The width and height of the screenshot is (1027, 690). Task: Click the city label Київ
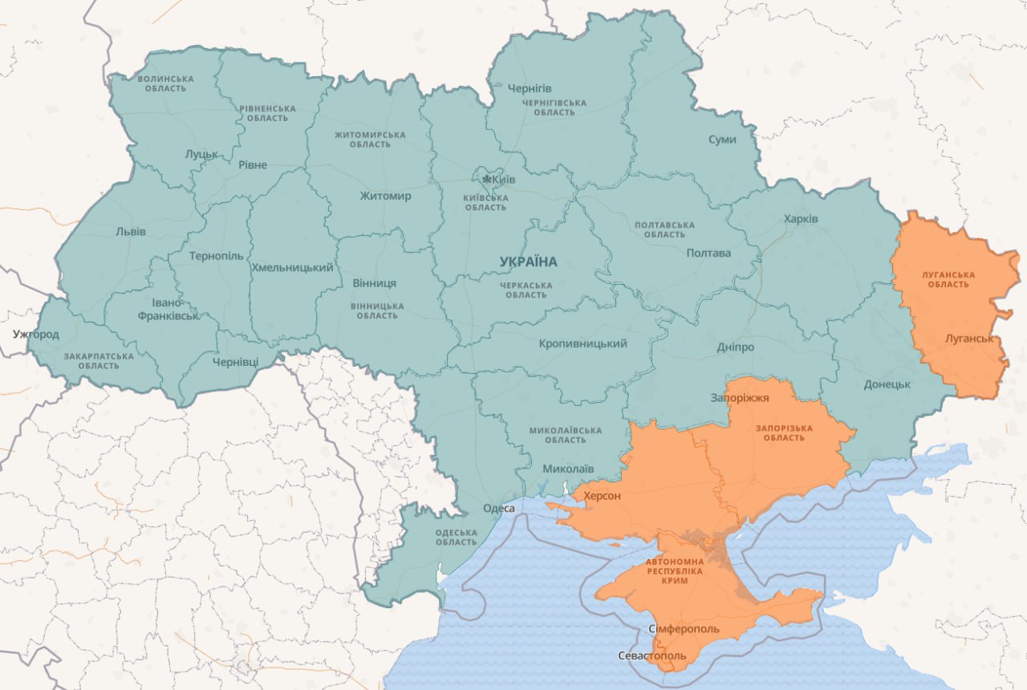(504, 179)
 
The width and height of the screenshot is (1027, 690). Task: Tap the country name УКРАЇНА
(527, 262)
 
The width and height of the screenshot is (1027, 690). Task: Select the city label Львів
(131, 232)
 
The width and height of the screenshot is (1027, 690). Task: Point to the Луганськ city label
(969, 339)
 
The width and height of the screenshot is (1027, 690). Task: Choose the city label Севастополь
(652, 656)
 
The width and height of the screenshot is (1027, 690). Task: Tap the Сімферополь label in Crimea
(684, 629)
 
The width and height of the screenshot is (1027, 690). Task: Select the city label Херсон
(602, 496)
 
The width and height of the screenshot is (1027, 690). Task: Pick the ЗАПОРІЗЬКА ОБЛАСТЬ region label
(783, 432)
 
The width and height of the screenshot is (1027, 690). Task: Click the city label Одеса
(498, 509)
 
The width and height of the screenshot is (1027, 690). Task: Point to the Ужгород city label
(35, 334)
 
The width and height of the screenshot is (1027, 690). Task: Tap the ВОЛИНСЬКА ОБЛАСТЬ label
(165, 83)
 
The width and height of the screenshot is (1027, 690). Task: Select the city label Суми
(722, 140)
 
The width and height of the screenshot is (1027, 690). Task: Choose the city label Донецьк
(887, 384)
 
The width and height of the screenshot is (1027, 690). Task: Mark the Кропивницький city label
(583, 343)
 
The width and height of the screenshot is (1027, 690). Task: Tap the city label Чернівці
(235, 362)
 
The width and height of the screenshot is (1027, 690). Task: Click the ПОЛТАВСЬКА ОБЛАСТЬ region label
(664, 229)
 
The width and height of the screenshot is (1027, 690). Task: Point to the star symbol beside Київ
(485, 179)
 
